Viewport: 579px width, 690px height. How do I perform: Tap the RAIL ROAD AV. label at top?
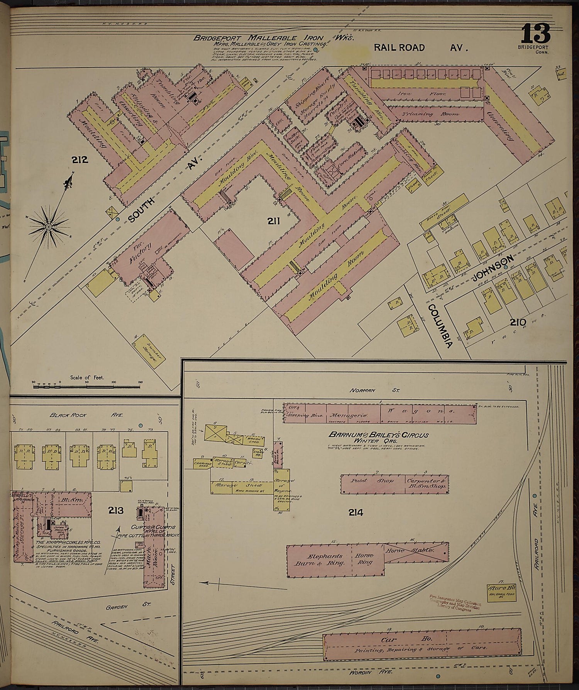(421, 48)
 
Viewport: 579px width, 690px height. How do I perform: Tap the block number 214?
(355, 513)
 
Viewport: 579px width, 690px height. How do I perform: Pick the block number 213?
(116, 511)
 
